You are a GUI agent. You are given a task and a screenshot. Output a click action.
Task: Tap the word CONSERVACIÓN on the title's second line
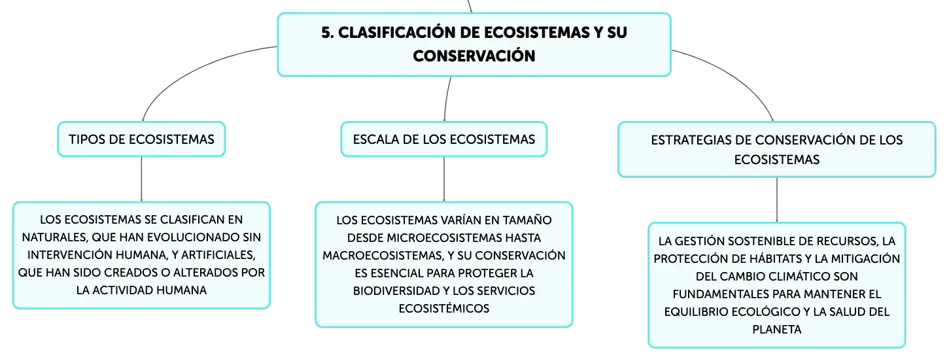[474, 56]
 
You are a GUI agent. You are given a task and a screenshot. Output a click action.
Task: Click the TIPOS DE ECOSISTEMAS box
[141, 139]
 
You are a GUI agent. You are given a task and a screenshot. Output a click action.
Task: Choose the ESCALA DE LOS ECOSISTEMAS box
[444, 139]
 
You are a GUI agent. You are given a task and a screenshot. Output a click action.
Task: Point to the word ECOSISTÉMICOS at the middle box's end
[444, 309]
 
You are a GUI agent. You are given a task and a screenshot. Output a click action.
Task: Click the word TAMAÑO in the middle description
[527, 220]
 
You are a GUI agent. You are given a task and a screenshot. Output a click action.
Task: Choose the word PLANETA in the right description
[777, 330]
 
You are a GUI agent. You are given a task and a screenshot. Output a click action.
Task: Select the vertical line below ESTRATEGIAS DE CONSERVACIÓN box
[777, 199]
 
